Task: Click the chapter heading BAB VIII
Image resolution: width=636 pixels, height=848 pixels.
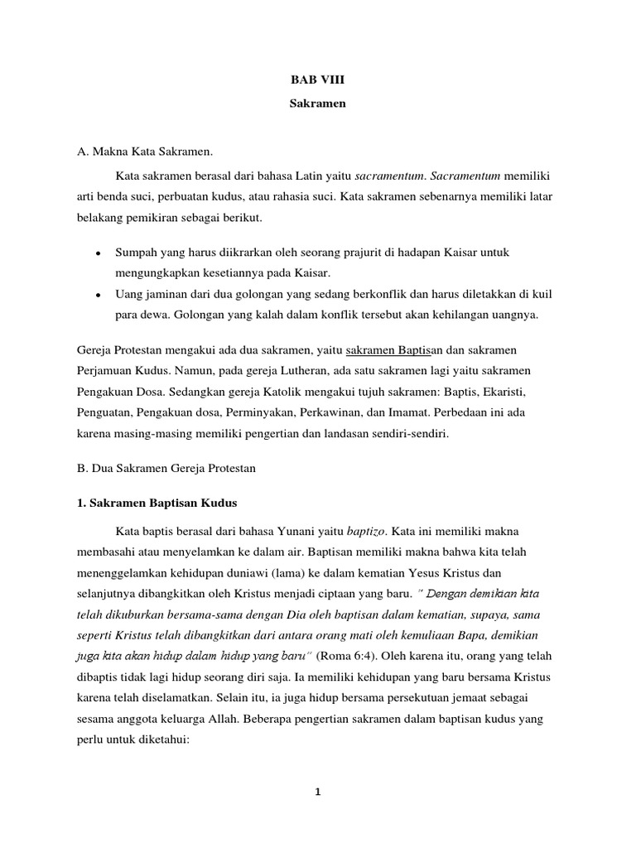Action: tap(317, 81)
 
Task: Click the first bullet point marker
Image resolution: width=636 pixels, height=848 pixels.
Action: tap(99, 251)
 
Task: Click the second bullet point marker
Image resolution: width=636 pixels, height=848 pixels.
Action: tap(99, 294)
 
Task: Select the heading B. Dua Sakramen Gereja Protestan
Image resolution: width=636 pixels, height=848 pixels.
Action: tap(166, 468)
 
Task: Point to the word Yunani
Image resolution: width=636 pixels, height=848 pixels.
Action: tap(299, 530)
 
